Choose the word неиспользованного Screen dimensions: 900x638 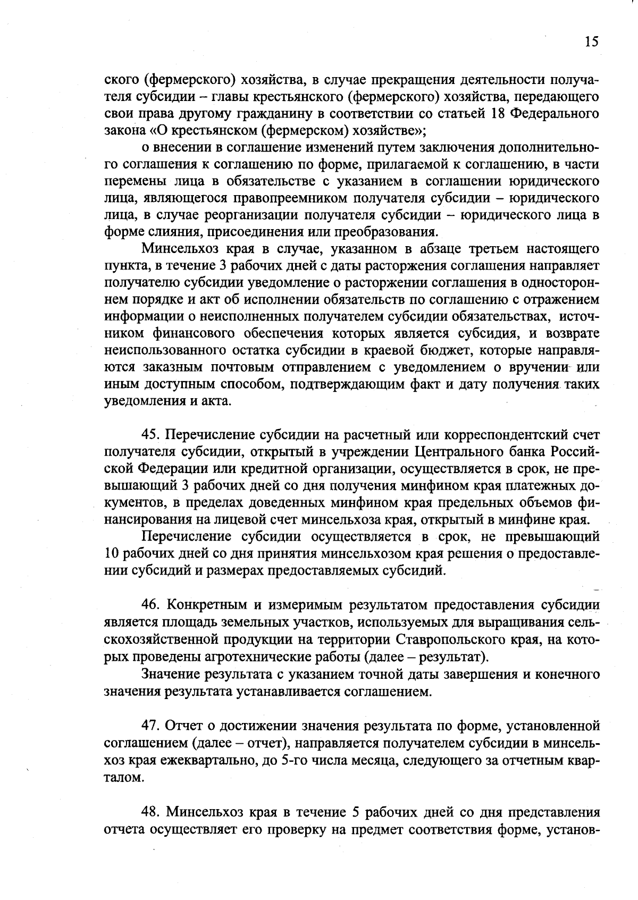point(165,351)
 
